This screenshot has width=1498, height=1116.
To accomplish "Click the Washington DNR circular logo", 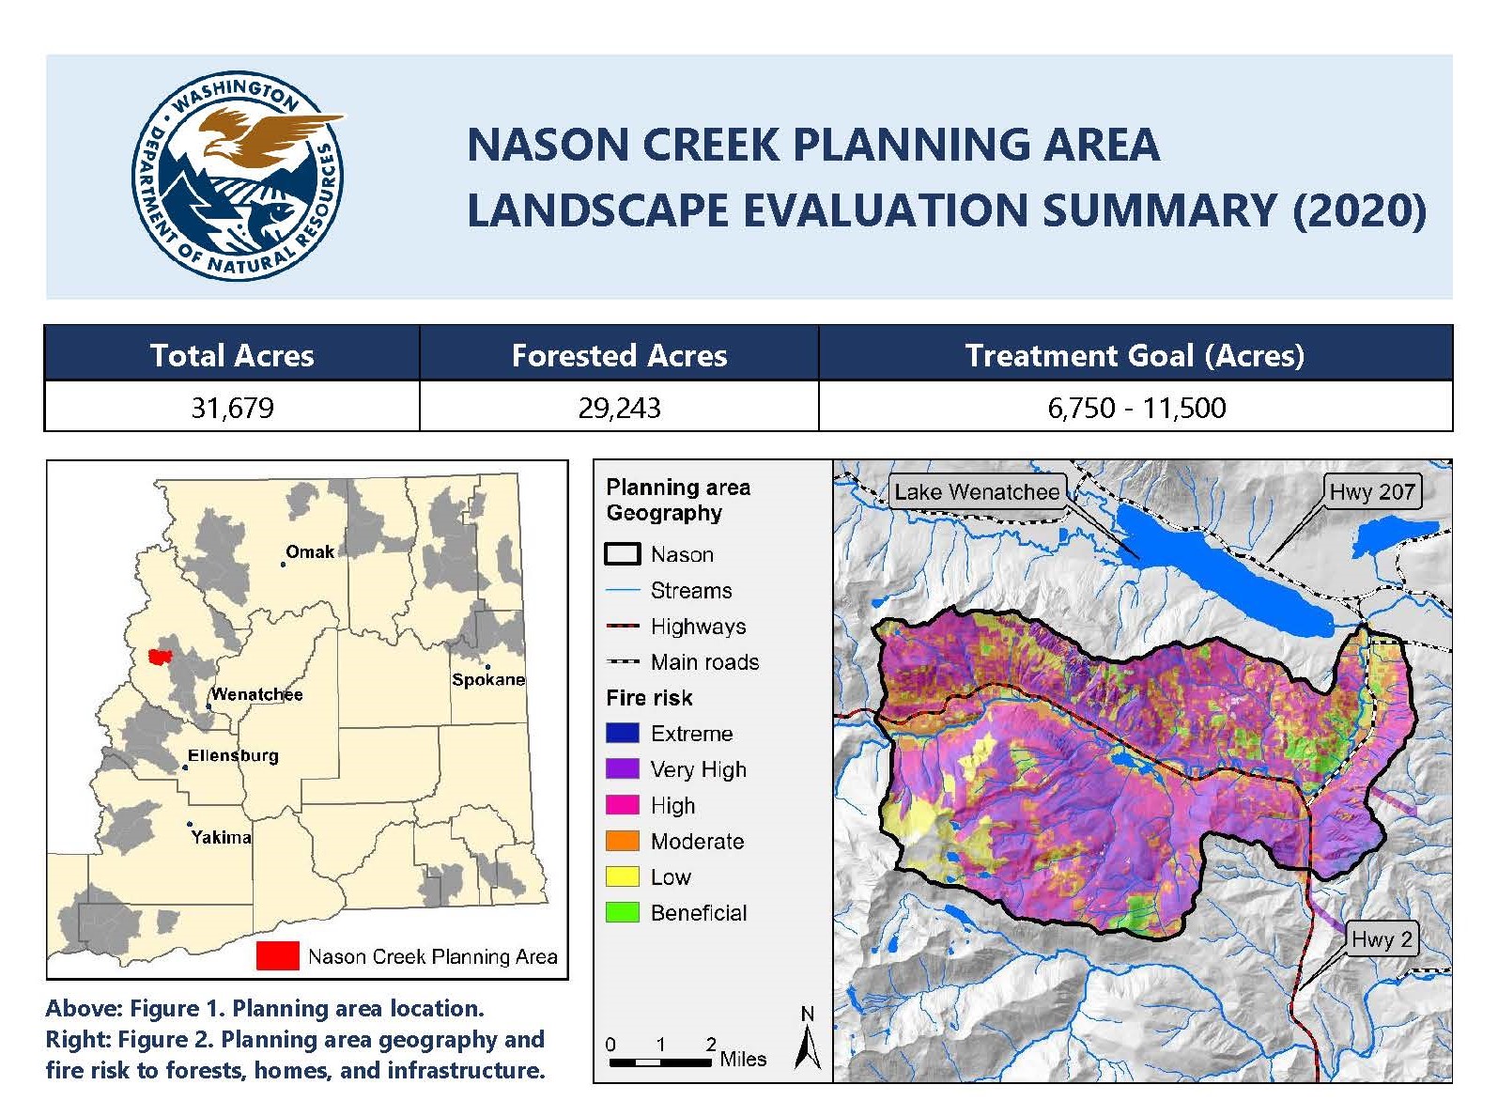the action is point(238,176).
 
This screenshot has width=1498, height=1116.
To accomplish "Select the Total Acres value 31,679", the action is point(232,408).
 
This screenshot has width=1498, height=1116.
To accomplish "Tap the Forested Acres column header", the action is point(619,355).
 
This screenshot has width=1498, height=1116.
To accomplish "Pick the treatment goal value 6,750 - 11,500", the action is point(1136,408).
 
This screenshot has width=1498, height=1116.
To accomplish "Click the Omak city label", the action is point(310,551).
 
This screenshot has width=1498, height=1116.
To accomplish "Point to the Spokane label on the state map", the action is point(488,679).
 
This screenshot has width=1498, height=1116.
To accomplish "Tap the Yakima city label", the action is point(221,837).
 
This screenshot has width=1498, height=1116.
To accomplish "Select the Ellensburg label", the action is point(233,755).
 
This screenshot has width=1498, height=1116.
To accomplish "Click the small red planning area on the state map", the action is point(160,656).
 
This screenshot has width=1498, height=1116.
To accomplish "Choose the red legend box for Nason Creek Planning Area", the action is point(278,956).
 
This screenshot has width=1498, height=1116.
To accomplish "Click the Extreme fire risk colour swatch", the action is point(622,733).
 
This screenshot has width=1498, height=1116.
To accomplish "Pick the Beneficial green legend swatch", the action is point(622,913).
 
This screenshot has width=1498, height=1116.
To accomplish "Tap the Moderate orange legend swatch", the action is point(622,841).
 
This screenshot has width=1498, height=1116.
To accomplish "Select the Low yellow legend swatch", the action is point(622,876).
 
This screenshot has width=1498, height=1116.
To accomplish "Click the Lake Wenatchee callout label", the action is point(977,491).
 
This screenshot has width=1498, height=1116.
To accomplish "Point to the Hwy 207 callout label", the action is point(1372,491).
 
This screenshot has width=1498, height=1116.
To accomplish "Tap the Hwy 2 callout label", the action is point(1382,939).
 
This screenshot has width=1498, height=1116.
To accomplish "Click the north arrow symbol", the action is point(808,1039).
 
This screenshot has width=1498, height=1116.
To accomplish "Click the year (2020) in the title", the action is point(1359,209).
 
